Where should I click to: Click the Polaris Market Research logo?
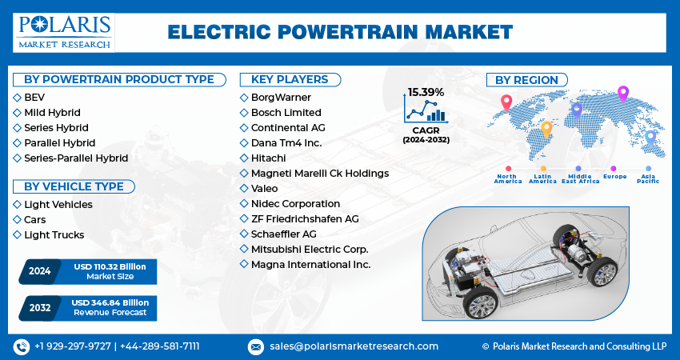(64, 32)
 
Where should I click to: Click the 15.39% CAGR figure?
(426, 92)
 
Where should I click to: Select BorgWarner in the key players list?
(281, 97)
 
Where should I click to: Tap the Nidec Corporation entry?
(295, 203)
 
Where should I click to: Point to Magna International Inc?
(310, 264)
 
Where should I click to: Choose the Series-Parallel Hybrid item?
(76, 158)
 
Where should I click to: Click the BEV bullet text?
(34, 97)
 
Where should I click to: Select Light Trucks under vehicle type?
(54, 234)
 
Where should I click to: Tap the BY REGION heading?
(526, 80)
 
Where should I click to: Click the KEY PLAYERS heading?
(290, 79)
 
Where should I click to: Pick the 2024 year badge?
(39, 271)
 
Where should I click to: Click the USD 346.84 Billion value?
(110, 302)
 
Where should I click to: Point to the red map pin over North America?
(506, 103)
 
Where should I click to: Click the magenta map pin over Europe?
(622, 94)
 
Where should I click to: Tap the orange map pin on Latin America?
(546, 130)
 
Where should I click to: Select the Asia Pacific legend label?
(648, 178)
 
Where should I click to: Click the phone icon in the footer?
(22, 346)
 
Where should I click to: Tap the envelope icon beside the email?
(255, 346)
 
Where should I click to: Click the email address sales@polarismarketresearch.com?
(354, 346)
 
